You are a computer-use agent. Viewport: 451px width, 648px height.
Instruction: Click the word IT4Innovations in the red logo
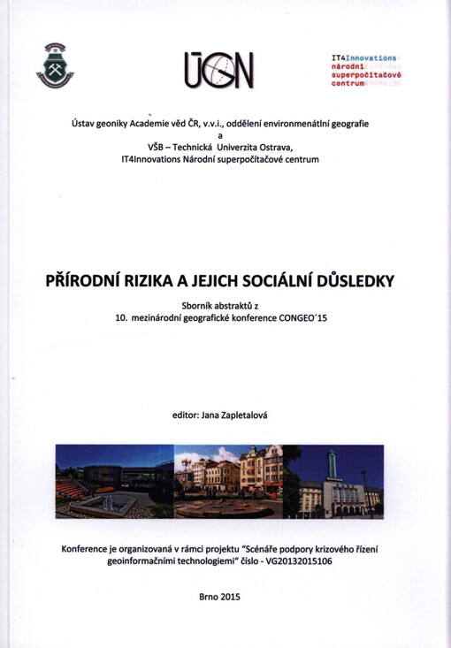coord(363,56)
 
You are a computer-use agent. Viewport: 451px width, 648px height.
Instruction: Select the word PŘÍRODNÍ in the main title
coord(85,281)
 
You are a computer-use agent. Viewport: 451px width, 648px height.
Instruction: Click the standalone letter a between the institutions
coord(225,134)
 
